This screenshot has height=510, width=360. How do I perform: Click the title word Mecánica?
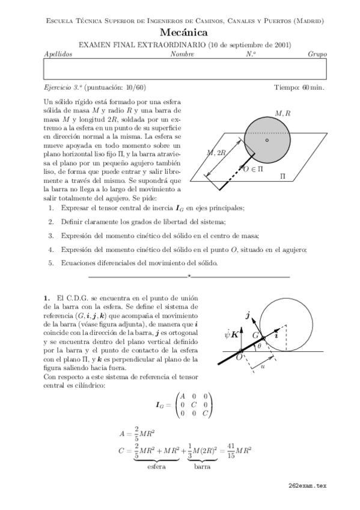185,33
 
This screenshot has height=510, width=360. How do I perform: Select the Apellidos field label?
58,54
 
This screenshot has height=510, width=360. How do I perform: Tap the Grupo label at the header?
317,54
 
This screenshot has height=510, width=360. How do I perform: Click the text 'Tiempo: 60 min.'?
299,87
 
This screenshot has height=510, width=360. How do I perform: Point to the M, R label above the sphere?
282,112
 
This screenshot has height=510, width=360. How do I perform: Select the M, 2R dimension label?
216,153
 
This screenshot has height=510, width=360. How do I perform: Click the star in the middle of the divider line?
189,276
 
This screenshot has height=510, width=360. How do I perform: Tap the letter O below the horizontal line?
239,358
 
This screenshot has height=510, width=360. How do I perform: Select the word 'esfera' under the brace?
156,465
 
